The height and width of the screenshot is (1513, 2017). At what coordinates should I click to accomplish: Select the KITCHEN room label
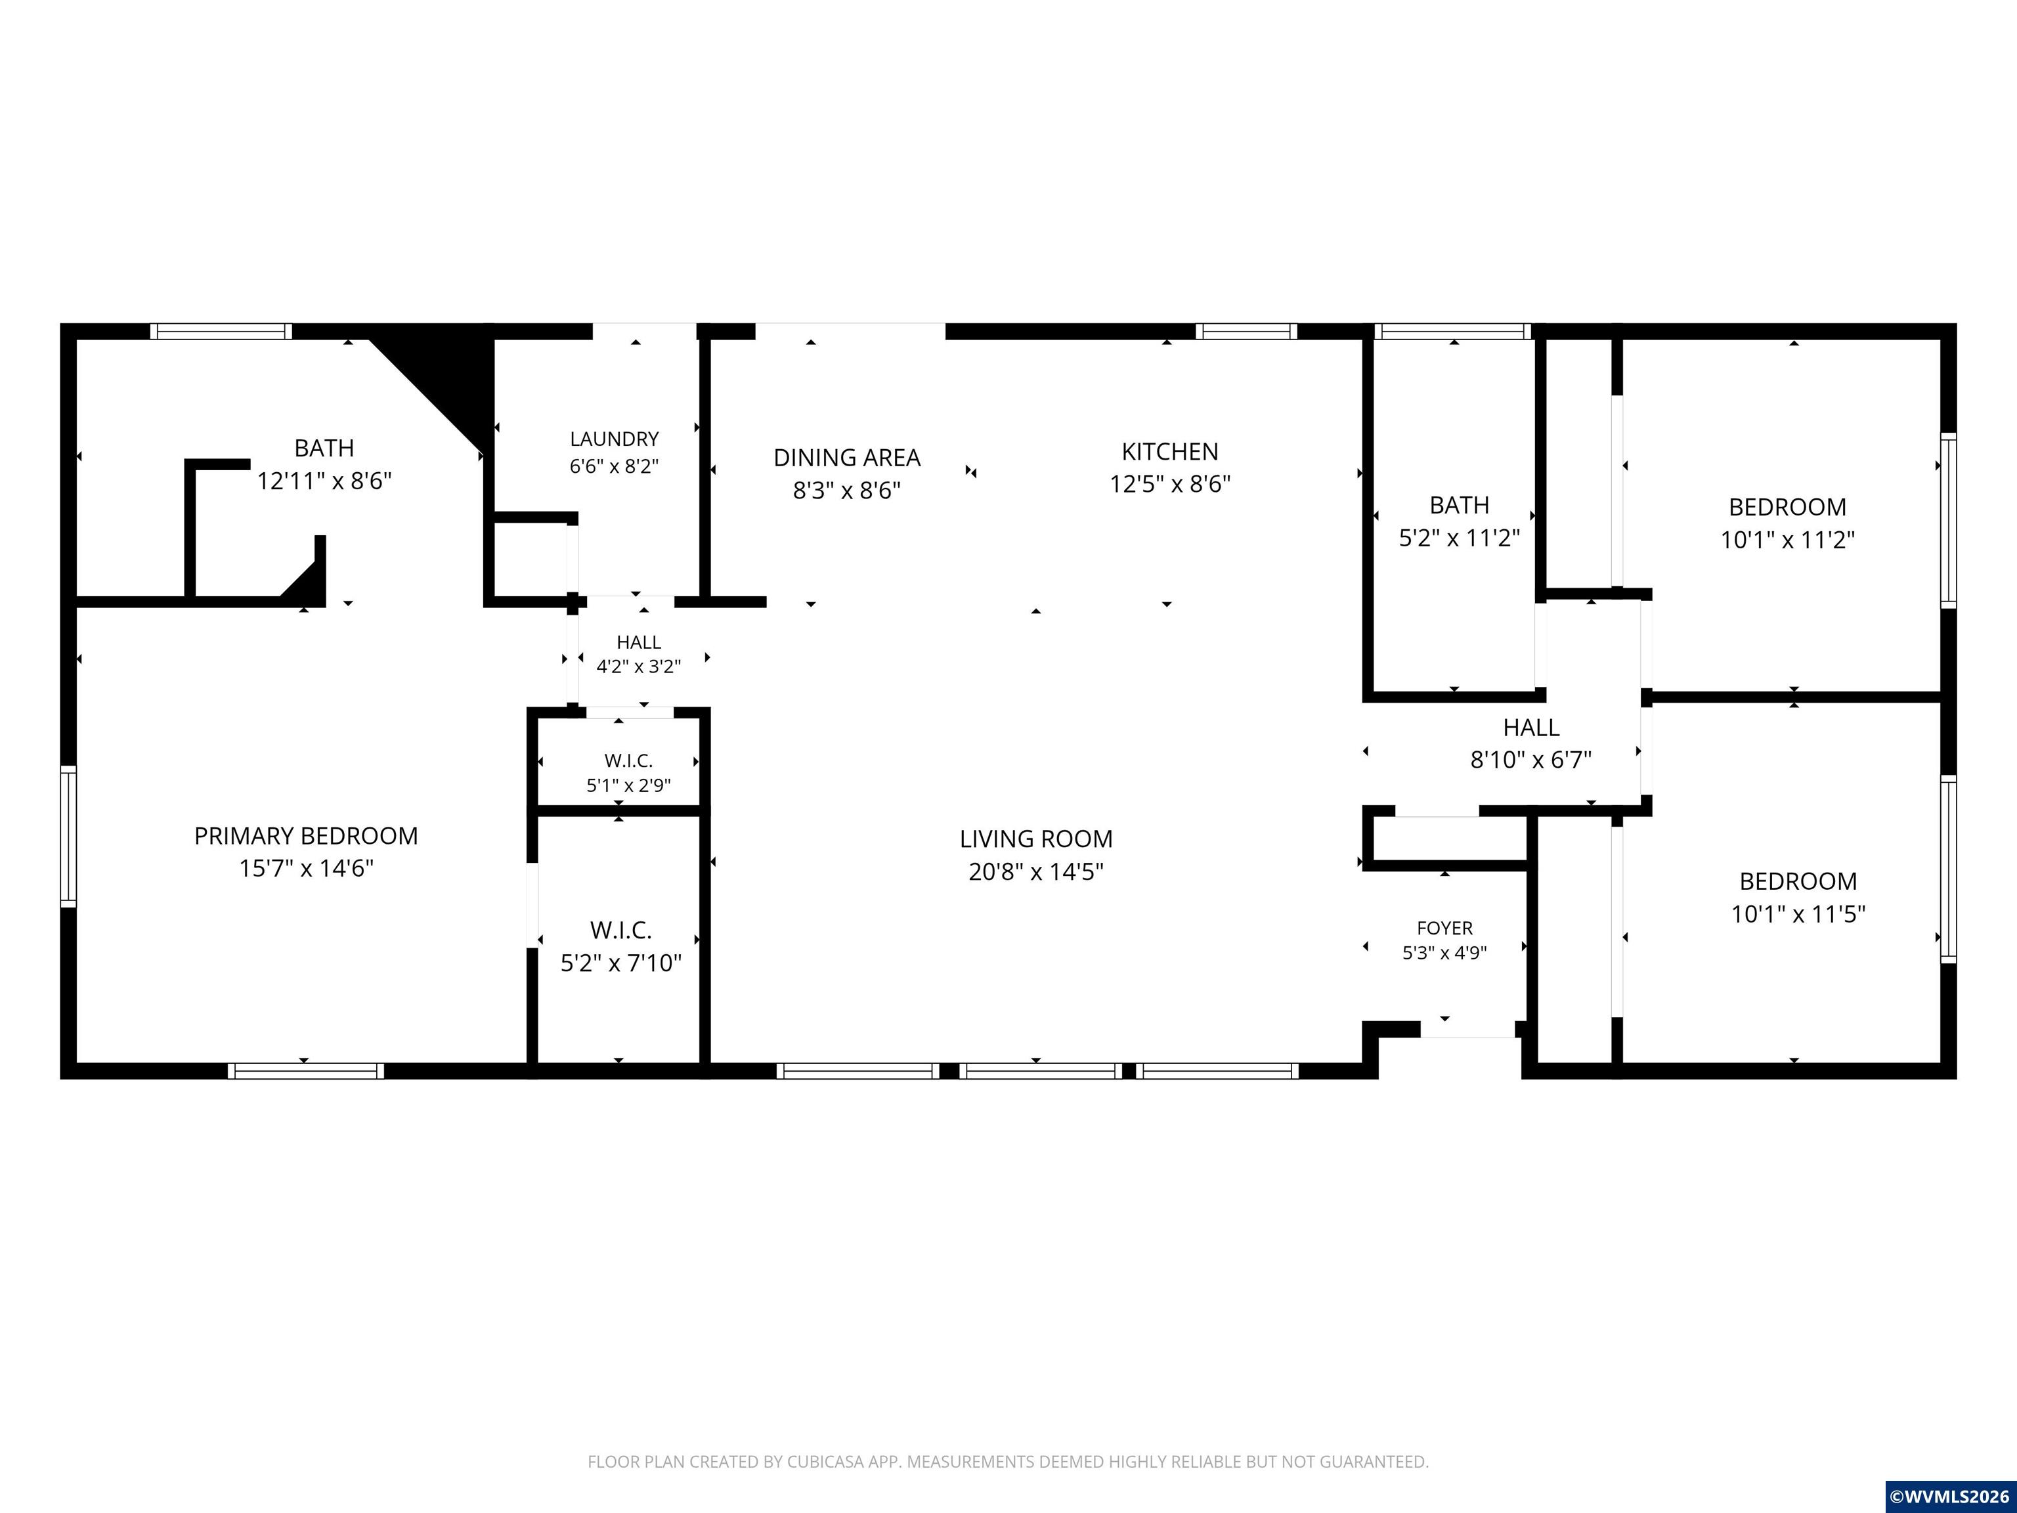(x=1170, y=451)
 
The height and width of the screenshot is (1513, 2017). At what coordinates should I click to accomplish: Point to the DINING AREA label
(x=847, y=457)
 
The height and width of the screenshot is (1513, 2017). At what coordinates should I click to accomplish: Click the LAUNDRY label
(x=615, y=439)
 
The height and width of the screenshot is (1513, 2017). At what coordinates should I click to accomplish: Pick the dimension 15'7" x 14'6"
(x=307, y=868)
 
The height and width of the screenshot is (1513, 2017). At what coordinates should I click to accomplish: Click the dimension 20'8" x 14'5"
(x=1036, y=872)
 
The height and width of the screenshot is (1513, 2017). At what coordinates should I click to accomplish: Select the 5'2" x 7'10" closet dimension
(x=621, y=963)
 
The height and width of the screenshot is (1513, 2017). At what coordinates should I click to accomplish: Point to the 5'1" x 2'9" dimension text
(x=628, y=785)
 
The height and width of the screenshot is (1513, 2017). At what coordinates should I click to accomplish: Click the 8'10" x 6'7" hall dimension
(x=1531, y=760)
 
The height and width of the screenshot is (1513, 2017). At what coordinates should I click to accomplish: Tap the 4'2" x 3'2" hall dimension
(x=638, y=667)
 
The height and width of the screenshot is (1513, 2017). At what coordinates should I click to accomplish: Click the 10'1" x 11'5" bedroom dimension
(x=1798, y=914)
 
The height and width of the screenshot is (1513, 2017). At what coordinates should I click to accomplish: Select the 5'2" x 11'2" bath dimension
(x=1460, y=538)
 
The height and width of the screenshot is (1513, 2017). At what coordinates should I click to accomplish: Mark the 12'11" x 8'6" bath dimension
(x=324, y=481)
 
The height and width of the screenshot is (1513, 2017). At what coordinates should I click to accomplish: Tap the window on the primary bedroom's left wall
(x=68, y=837)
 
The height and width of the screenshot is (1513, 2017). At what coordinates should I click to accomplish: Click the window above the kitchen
(x=1246, y=331)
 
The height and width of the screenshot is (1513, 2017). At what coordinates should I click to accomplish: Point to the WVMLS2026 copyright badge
(x=1951, y=1497)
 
